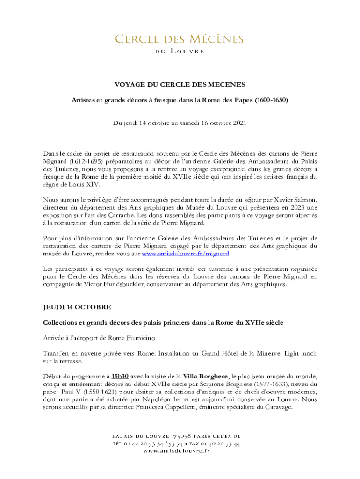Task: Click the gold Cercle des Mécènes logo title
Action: point(180,39)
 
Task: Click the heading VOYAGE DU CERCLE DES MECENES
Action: point(180,84)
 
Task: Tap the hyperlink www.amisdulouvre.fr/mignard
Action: point(185,254)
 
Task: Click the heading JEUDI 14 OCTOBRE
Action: point(77,307)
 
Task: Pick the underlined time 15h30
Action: point(120,376)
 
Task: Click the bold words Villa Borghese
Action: point(205,376)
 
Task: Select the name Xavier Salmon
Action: point(299,200)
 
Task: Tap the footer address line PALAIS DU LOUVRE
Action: point(179,435)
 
